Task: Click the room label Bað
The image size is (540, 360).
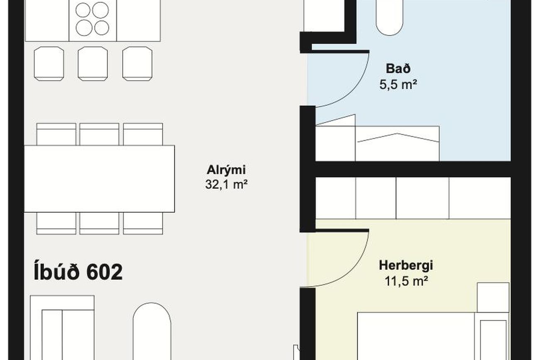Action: [398, 69]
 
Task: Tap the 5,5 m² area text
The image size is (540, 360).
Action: [398, 84]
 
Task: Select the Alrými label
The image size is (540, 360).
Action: [226, 170]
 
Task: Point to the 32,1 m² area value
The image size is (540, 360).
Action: [226, 185]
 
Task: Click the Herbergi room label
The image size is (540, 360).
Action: [406, 265]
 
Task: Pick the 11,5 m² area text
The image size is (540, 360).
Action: [406, 281]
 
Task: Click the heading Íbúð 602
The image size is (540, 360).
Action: [78, 272]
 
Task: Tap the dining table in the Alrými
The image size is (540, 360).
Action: [99, 179]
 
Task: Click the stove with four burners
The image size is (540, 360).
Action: [93, 20]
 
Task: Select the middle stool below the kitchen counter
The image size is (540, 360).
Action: [93, 64]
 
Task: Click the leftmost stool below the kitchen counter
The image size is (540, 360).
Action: [49, 64]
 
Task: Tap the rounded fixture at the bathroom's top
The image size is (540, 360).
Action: [389, 17]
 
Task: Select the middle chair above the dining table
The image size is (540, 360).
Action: [99, 134]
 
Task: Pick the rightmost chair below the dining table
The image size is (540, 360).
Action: [143, 223]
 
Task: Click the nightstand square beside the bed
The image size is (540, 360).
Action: [493, 298]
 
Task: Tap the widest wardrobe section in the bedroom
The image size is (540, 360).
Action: [480, 198]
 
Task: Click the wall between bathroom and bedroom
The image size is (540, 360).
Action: [413, 169]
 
